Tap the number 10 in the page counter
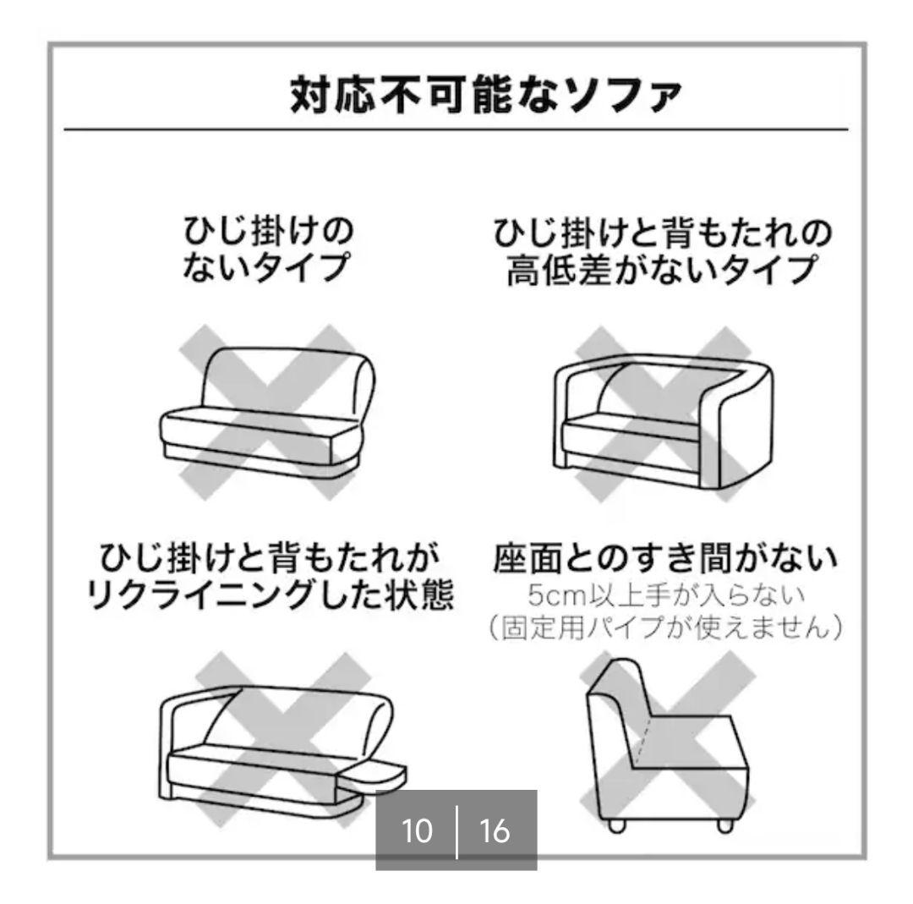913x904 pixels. pyautogui.click(x=415, y=831)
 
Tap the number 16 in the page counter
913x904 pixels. pyautogui.click(x=495, y=831)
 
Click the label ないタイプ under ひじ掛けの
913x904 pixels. pyautogui.click(x=267, y=268)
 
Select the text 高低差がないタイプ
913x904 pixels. pyautogui.click(x=661, y=271)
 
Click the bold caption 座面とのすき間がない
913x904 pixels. pyautogui.click(x=664, y=557)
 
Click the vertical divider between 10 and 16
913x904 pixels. pyautogui.click(x=456, y=832)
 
